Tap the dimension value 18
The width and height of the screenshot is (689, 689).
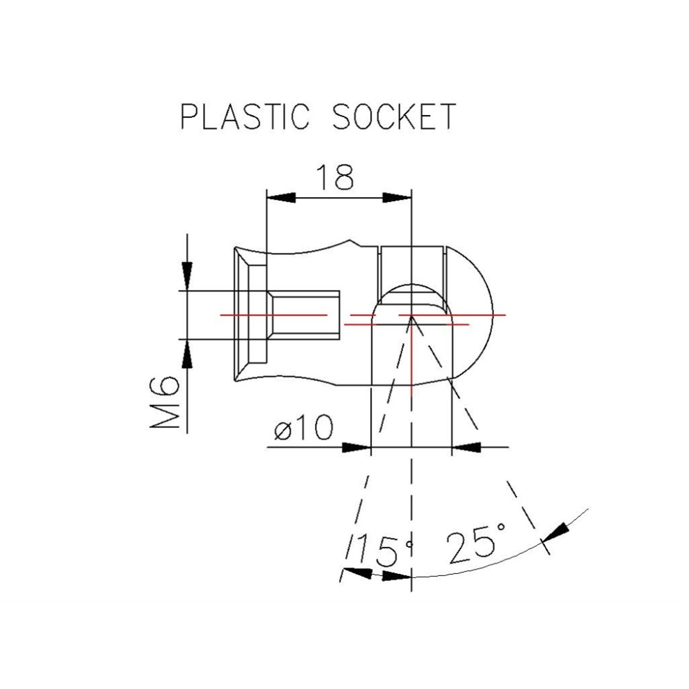click(x=336, y=178)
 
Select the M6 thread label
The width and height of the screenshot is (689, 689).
click(x=165, y=404)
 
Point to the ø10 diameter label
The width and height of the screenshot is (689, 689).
click(x=302, y=430)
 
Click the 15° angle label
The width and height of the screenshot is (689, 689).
click(x=384, y=550)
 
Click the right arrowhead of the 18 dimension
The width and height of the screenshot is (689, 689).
click(x=398, y=197)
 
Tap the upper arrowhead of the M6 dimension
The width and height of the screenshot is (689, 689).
click(x=185, y=273)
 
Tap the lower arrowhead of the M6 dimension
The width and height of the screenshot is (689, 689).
click(x=185, y=357)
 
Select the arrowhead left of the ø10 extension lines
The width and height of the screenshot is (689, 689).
click(x=357, y=448)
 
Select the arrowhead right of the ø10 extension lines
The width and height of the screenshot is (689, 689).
click(x=465, y=448)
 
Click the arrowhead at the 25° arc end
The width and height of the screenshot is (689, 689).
click(x=557, y=531)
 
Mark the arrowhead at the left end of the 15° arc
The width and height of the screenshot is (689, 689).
click(x=356, y=573)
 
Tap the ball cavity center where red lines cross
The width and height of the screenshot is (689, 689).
click(x=411, y=317)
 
